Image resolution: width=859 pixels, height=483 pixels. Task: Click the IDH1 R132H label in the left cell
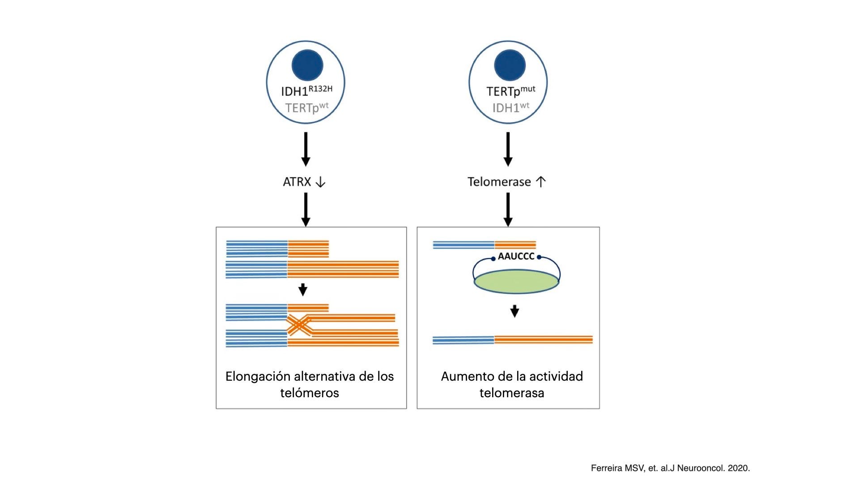tap(306, 91)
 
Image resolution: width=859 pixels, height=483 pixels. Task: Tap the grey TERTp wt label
tap(306, 108)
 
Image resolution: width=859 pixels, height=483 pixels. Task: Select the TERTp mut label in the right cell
tap(510, 91)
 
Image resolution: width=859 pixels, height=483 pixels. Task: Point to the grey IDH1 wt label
tap(510, 108)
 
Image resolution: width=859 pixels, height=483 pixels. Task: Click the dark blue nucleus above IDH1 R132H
tap(307, 65)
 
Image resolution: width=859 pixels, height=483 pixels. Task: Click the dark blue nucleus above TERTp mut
tap(510, 65)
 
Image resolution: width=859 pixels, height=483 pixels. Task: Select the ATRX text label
tap(297, 182)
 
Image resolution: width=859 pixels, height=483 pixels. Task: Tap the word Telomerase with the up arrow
tap(499, 182)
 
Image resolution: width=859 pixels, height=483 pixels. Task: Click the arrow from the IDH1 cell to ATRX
tap(306, 149)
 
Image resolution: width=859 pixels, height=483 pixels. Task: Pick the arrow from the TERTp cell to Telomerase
tap(508, 149)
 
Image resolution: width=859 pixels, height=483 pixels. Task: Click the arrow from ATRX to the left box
tap(306, 210)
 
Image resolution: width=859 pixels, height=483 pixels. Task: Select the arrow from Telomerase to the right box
tap(508, 210)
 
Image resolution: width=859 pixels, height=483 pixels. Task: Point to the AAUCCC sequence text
tap(516, 256)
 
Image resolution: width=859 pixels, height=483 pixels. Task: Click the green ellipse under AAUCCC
tap(516, 281)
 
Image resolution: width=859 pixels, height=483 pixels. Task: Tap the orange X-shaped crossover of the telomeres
tap(299, 325)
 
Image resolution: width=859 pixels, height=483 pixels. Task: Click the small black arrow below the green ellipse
tap(515, 311)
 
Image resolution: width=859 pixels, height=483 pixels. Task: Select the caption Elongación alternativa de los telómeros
tap(310, 384)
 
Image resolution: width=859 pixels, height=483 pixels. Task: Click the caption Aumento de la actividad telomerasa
tap(512, 384)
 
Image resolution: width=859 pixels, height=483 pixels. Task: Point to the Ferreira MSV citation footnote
tap(670, 468)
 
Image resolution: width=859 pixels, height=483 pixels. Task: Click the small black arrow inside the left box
tap(303, 290)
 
